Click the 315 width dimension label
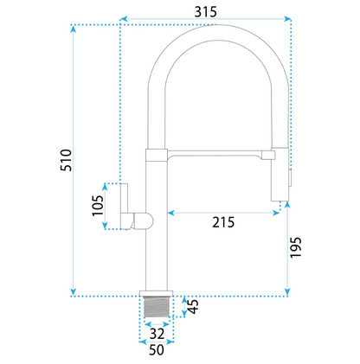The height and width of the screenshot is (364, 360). (205, 12)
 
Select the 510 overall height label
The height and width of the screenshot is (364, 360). (66, 160)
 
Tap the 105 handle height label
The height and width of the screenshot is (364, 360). (98, 206)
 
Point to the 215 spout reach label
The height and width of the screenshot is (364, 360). (223, 222)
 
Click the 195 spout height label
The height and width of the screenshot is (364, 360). (296, 247)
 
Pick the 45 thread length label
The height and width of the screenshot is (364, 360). (193, 306)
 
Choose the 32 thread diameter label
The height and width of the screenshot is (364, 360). (157, 334)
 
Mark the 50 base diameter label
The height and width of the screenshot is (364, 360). (157, 349)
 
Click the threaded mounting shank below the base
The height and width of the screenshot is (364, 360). (156, 306)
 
